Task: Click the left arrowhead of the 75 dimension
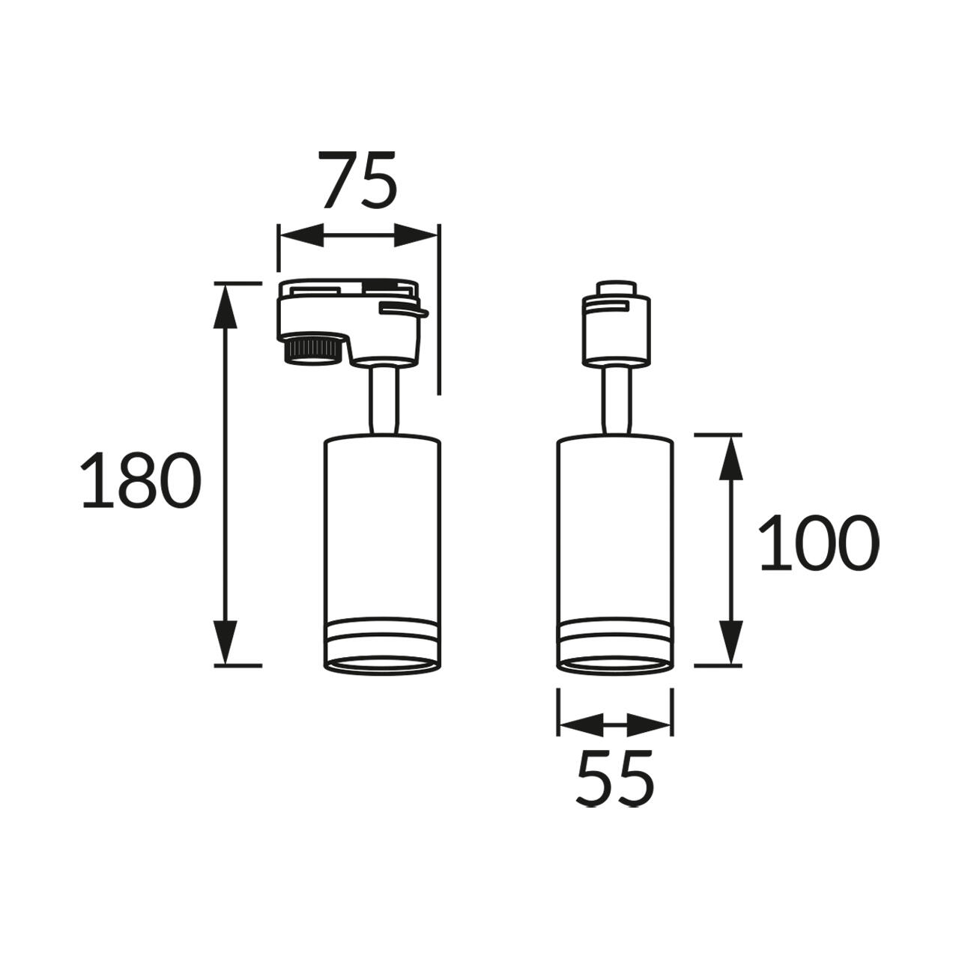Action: coord(301,236)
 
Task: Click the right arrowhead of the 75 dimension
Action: coord(416,236)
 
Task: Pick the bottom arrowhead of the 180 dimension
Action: coord(226,641)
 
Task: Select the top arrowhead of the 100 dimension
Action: coord(731,458)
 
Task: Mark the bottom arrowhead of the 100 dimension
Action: coord(731,641)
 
